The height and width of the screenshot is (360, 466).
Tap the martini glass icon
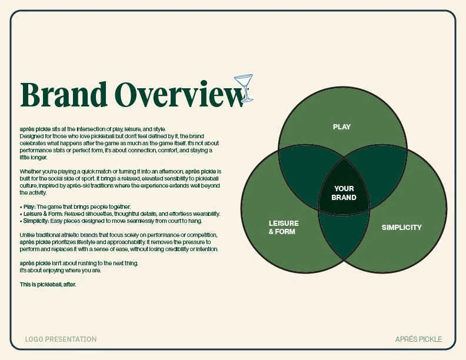click(244, 86)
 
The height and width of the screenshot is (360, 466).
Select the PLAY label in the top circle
click(342, 127)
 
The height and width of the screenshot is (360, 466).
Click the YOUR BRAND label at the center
click(344, 193)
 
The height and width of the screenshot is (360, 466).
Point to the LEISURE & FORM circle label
click(284, 228)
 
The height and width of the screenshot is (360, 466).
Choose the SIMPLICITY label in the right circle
click(401, 228)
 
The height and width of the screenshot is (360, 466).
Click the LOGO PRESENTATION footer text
click(61, 339)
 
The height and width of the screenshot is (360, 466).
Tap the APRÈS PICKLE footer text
click(418, 339)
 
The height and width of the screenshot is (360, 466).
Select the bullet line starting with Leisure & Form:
click(120, 214)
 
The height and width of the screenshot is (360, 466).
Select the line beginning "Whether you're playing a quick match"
click(120, 171)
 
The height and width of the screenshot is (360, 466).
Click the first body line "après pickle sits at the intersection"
click(93, 129)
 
